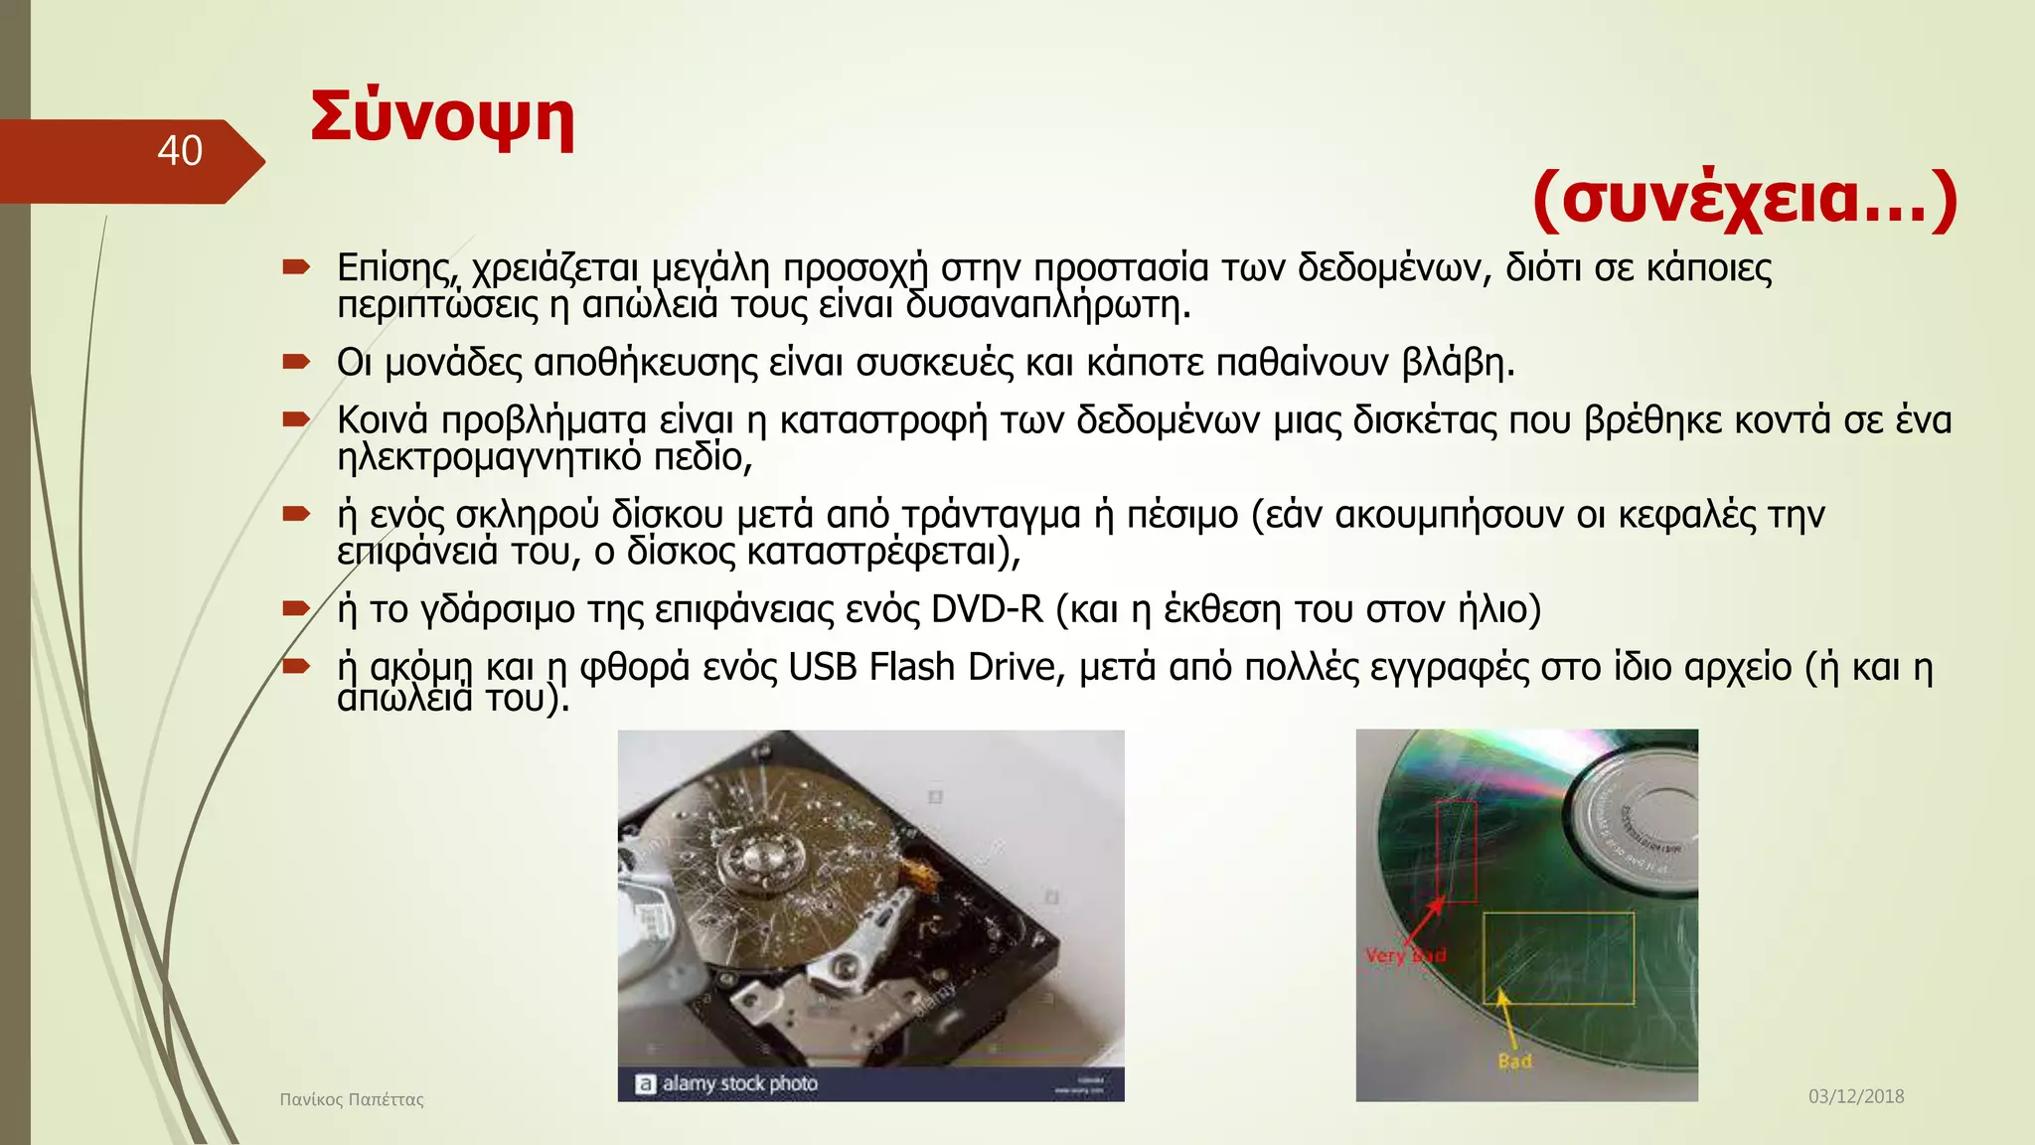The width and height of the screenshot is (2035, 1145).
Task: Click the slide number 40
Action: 180,151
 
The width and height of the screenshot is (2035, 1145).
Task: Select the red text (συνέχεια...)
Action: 1745,198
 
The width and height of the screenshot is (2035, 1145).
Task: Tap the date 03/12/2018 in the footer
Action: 1855,1096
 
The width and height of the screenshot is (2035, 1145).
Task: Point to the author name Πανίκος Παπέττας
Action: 352,1099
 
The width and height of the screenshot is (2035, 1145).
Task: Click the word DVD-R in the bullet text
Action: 987,609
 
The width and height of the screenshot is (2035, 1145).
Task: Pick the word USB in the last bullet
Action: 823,667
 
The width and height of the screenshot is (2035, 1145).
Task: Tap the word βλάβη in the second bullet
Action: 1457,363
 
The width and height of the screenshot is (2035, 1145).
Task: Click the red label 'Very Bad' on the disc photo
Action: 1404,955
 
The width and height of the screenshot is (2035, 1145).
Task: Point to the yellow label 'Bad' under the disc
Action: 1514,1062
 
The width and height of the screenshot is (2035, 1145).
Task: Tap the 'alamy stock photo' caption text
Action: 739,1083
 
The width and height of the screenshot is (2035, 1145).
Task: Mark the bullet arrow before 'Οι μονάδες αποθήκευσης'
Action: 296,362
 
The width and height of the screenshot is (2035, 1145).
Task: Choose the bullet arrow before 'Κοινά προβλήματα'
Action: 296,419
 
